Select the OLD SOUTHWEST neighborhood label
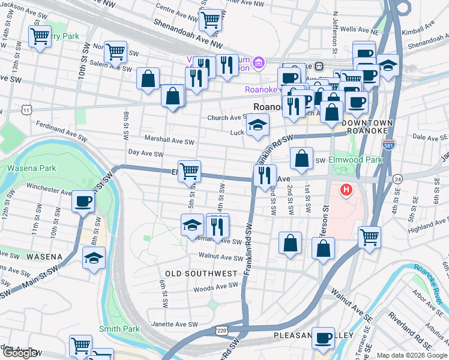tap(201, 274)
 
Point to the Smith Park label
tap(119, 329)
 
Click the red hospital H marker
tap(346, 191)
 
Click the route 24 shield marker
tap(397, 179)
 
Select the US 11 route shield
tap(26, 110)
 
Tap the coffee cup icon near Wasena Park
tap(83, 201)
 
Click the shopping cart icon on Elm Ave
tap(190, 170)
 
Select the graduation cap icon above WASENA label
tap(92, 259)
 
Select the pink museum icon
tap(258, 62)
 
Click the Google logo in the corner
tap(20, 353)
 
